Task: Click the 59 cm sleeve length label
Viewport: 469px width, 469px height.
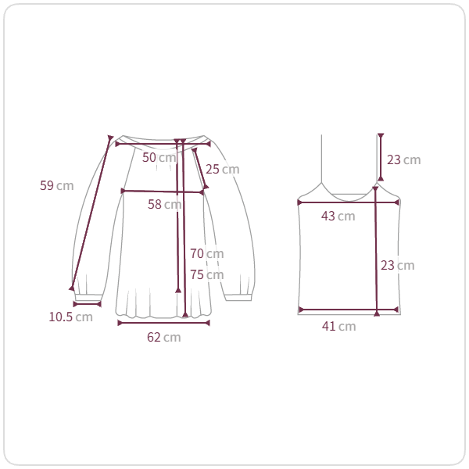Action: (x=57, y=185)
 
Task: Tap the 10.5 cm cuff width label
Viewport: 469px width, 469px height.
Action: (x=70, y=317)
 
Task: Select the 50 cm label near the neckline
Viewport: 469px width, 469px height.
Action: (x=159, y=157)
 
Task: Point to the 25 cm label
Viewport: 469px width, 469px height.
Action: (x=222, y=169)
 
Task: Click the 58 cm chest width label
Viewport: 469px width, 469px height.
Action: (x=164, y=204)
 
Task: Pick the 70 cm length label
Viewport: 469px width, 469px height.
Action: (x=207, y=253)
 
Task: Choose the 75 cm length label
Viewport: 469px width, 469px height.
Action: (x=207, y=274)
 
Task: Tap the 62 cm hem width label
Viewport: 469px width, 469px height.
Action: (x=164, y=337)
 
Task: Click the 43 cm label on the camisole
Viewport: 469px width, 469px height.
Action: (x=338, y=216)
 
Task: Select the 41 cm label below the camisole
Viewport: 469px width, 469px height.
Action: (x=339, y=326)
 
